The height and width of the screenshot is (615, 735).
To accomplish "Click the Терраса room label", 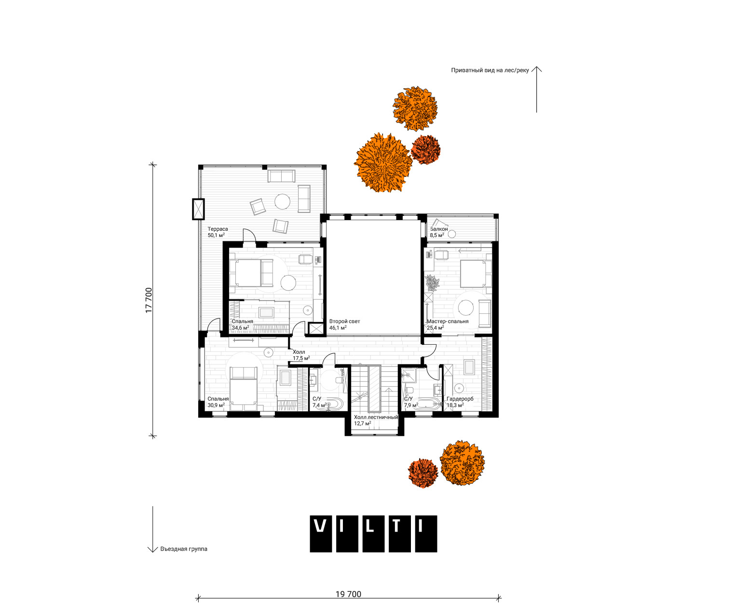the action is coord(218,229).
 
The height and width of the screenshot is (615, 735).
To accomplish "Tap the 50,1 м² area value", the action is coord(216,236).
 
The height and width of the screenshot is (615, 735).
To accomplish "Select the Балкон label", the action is coord(439,229).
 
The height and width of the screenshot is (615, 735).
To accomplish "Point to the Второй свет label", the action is coord(345,321).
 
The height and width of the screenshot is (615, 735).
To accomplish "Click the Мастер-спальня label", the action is coord(448,321).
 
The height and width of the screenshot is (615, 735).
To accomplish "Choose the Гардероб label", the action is coord(460,399).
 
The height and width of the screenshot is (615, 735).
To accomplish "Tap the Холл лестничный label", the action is coord(376,417).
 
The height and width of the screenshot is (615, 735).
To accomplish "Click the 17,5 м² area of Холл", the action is coord(301,358).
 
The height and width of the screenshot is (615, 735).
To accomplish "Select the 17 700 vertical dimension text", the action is coord(149,300).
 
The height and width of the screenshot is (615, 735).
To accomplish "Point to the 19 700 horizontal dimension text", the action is coord(348,594).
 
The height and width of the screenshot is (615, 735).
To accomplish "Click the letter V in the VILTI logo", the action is coord(320,533).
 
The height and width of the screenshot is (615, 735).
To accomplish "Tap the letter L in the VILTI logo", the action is coord(373,533).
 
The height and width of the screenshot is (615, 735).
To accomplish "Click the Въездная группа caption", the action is coord(183,549).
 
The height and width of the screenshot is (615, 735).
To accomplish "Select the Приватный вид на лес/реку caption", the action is coord(490,70).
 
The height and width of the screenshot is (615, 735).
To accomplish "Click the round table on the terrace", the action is coord(282,202).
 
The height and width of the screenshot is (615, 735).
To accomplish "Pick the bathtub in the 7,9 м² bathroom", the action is coord(427,404).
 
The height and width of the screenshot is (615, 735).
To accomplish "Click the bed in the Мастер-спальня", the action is coord(476,274).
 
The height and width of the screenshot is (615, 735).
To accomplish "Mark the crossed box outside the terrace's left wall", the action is coord(199,210).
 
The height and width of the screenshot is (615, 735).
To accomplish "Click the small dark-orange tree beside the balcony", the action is coord(425,150).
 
